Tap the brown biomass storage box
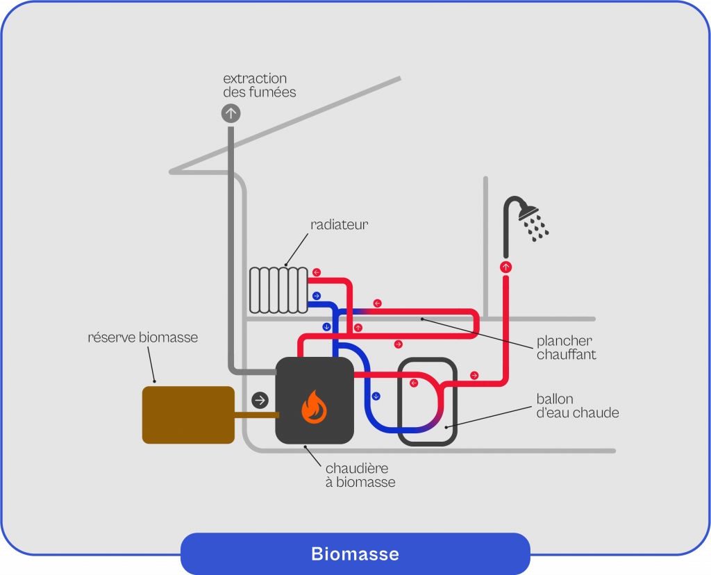pos(188,415)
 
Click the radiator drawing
pos(278,290)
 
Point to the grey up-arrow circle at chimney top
pos(231,113)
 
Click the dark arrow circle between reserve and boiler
pos(260,400)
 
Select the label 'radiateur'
pos(339,224)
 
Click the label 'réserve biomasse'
pos(143,338)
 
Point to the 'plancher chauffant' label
pos(565,348)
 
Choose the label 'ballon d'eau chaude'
pos(577,406)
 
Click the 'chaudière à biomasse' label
pos(360,475)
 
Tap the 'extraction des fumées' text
pos(259,85)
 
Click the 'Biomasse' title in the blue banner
pos(355,554)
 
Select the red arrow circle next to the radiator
pos(317,272)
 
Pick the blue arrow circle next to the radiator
pos(317,296)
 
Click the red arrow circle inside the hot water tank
pos(414,383)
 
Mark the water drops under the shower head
pos(536,227)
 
